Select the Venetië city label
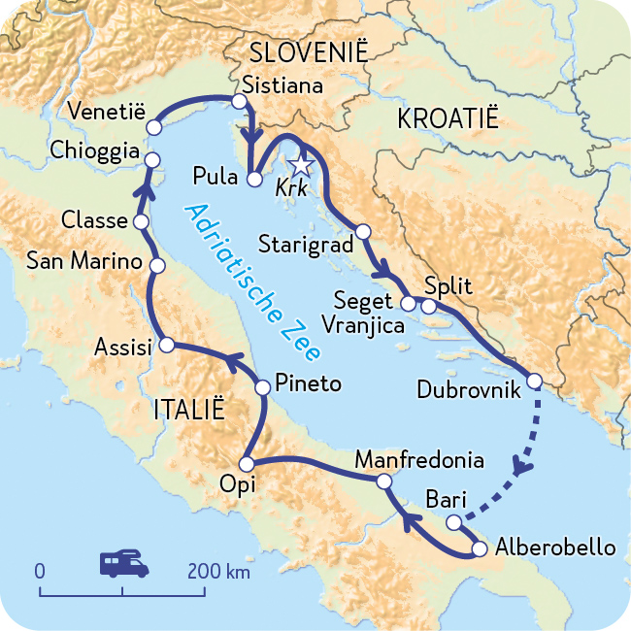(x=106, y=110)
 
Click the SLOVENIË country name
(x=309, y=52)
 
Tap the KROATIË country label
(x=448, y=119)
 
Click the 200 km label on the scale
(x=218, y=570)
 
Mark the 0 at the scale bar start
(x=40, y=570)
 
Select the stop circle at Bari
(x=453, y=522)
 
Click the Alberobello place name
(x=554, y=548)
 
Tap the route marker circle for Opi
(x=246, y=464)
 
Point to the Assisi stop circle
(x=166, y=345)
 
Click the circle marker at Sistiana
(x=239, y=101)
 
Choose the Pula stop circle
(x=253, y=179)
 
